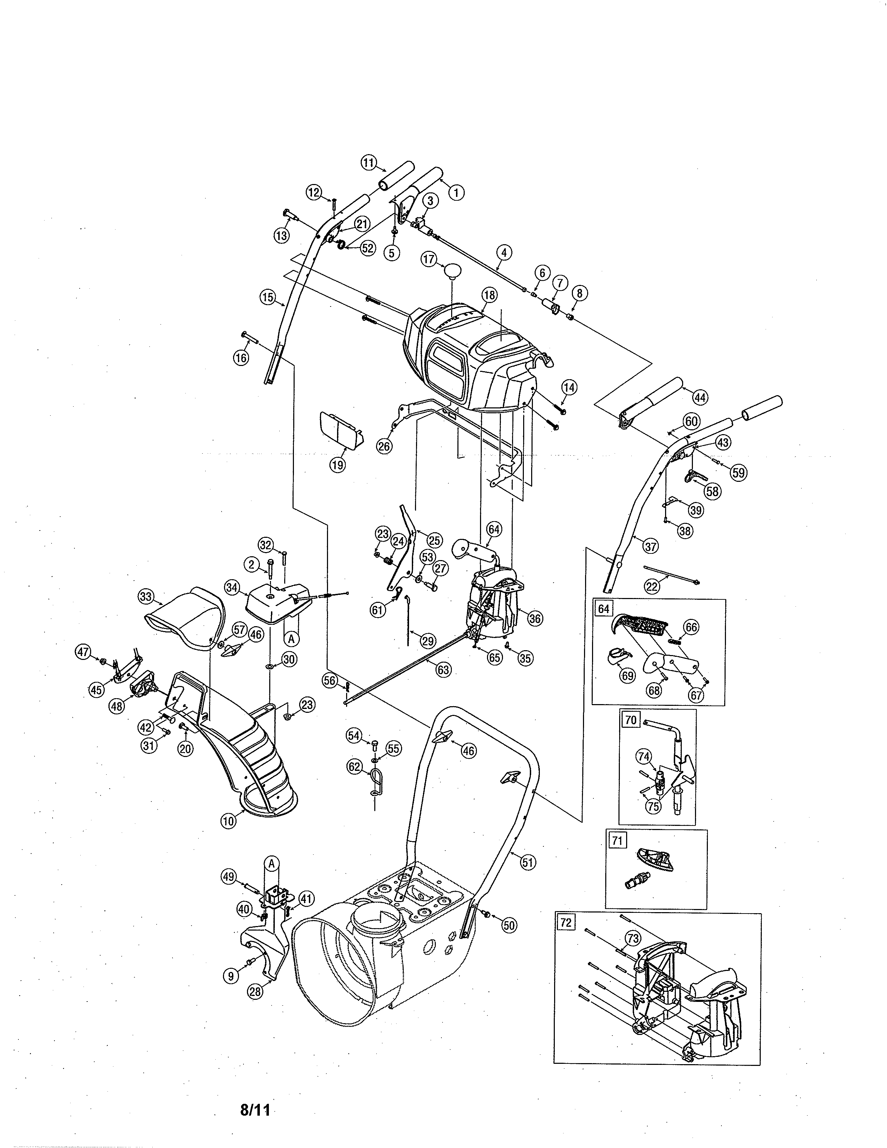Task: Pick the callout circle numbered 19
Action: (x=338, y=465)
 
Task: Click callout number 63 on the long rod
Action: (x=444, y=670)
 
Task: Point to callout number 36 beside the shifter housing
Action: (x=535, y=619)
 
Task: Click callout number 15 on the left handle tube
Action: (x=268, y=297)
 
